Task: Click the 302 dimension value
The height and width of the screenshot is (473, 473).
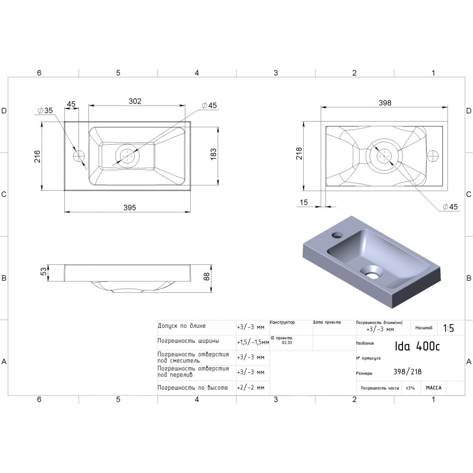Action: pos(135,101)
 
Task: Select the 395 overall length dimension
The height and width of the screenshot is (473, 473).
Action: pos(130,208)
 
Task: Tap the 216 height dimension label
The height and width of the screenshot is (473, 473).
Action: pos(37,157)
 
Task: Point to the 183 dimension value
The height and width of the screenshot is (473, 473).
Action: pos(213,154)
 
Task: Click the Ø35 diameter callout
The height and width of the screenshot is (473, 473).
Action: pos(45,110)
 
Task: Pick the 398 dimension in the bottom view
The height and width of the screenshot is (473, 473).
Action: pos(385,103)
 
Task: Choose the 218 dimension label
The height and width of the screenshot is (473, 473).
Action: pos(299,153)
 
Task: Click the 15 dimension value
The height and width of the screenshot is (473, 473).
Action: pos(304,202)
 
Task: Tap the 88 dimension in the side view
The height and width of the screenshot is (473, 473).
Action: pos(206,277)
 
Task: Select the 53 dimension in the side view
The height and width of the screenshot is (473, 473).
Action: pos(44,271)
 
